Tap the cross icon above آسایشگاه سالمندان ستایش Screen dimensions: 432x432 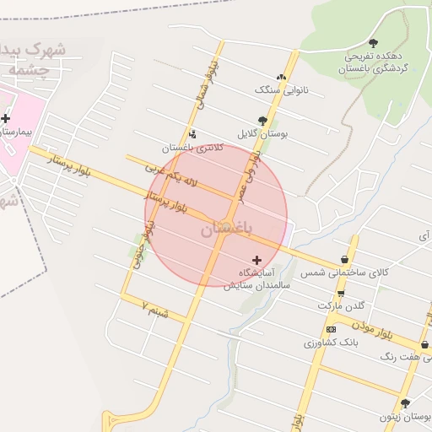[x=257, y=260]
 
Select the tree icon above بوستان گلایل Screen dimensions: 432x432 [x=262, y=120]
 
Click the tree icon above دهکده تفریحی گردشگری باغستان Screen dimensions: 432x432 [x=373, y=43]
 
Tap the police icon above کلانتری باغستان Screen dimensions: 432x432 [x=193, y=133]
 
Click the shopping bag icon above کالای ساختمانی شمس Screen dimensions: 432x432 [x=344, y=260]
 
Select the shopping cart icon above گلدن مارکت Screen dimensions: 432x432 [x=340, y=293]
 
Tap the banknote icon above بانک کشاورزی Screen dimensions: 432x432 [x=330, y=329]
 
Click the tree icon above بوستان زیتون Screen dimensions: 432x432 [x=406, y=403]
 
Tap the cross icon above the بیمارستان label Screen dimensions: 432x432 [x=7, y=119]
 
